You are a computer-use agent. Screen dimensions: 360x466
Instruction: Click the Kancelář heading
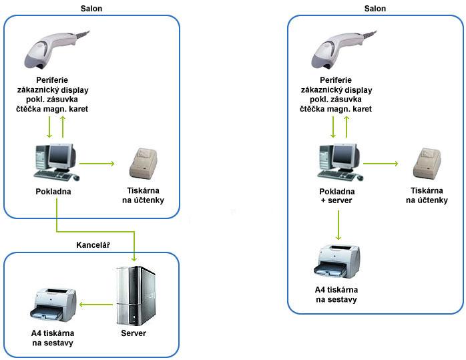93,245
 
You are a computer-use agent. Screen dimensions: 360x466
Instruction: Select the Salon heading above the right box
375,8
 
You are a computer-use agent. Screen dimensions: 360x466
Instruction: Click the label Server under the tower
134,333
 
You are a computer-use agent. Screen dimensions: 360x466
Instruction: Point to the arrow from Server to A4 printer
95,304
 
